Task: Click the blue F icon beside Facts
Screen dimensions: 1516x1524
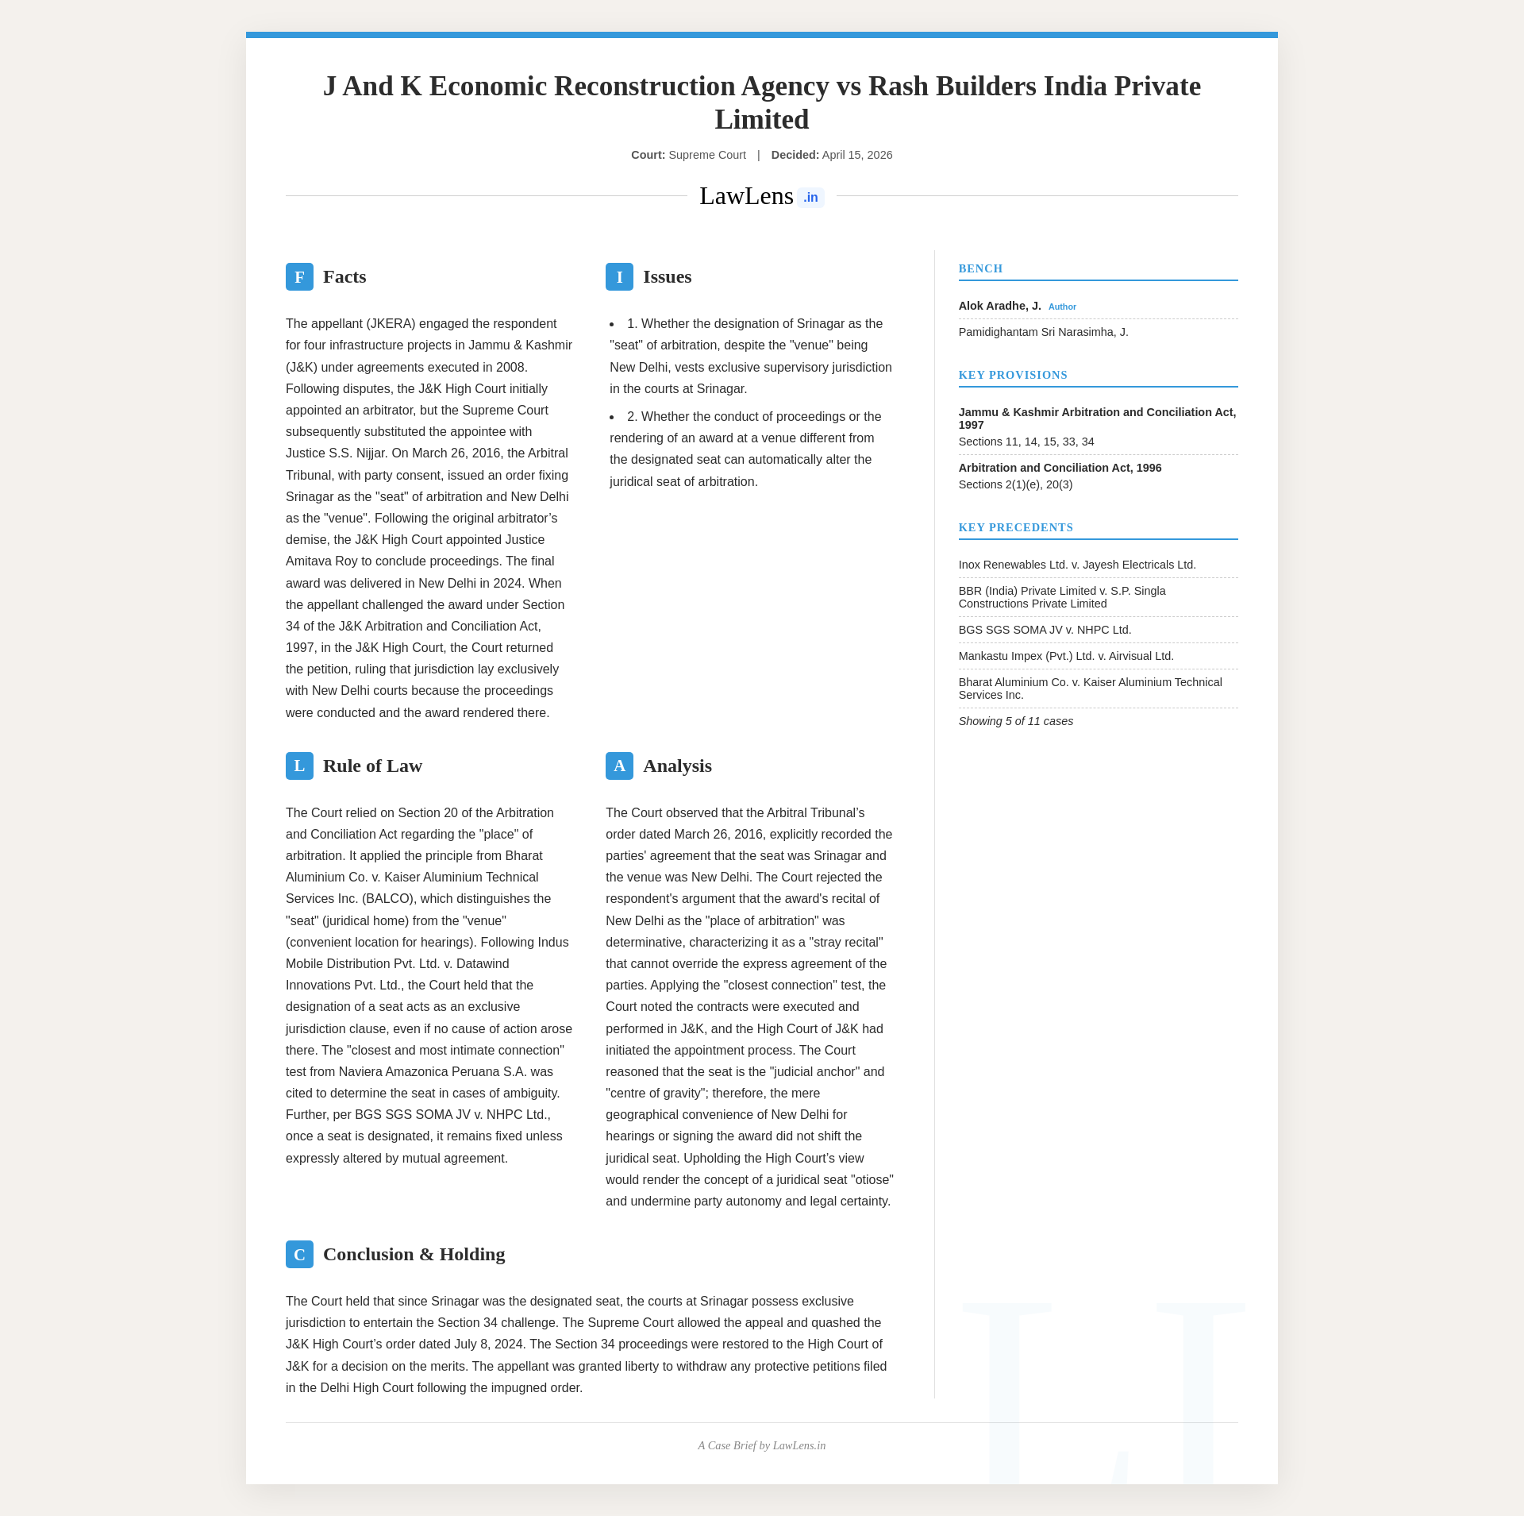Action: pyautogui.click(x=299, y=277)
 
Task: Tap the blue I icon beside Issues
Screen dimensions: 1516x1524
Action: pyautogui.click(x=619, y=277)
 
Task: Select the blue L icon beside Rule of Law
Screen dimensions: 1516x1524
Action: pyautogui.click(x=299, y=766)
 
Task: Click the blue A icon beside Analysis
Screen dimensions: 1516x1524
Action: pyautogui.click(x=619, y=766)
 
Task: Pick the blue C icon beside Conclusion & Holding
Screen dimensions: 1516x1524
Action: pyautogui.click(x=299, y=1255)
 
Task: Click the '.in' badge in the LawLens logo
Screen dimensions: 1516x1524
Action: pyautogui.click(x=810, y=198)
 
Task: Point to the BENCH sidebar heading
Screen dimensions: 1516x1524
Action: pyautogui.click(x=980, y=269)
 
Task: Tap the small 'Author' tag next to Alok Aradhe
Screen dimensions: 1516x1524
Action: pyautogui.click(x=1062, y=307)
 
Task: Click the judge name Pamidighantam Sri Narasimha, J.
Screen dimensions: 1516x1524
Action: pyautogui.click(x=1043, y=333)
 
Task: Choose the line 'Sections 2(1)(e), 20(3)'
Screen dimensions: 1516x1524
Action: pyautogui.click(x=1015, y=485)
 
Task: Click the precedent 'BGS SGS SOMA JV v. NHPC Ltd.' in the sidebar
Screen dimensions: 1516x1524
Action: pyautogui.click(x=1045, y=631)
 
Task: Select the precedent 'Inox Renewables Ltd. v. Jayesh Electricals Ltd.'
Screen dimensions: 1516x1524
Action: pyautogui.click(x=1077, y=565)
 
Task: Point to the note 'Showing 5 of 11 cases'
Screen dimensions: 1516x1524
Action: pyautogui.click(x=1015, y=722)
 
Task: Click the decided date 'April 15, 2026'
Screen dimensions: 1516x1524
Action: pyautogui.click(x=857, y=156)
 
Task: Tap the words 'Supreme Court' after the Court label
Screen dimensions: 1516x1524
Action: pyautogui.click(x=706, y=156)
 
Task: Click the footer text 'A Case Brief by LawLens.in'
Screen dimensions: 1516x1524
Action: pyautogui.click(x=761, y=1446)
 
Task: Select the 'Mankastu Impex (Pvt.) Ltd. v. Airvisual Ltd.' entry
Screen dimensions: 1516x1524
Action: pyautogui.click(x=1066, y=657)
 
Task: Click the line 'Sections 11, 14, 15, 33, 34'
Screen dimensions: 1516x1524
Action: pyautogui.click(x=1026, y=442)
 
